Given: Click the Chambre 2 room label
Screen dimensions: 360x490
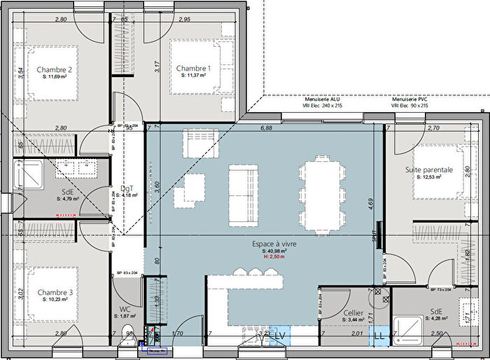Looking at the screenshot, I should [54, 69].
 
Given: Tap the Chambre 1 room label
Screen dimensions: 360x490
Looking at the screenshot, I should [193, 68].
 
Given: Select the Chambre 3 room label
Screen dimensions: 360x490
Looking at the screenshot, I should [55, 292].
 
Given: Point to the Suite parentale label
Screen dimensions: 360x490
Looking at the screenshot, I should [428, 170].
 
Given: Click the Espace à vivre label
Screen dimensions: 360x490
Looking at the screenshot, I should [275, 244].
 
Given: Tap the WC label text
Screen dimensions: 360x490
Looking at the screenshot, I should [125, 309].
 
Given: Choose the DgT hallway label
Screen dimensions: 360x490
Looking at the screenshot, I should [127, 188].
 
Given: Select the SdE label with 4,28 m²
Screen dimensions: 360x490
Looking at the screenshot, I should [436, 312].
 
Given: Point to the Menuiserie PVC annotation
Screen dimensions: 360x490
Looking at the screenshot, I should [409, 99].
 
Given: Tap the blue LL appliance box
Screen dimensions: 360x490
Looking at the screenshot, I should [379, 336].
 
